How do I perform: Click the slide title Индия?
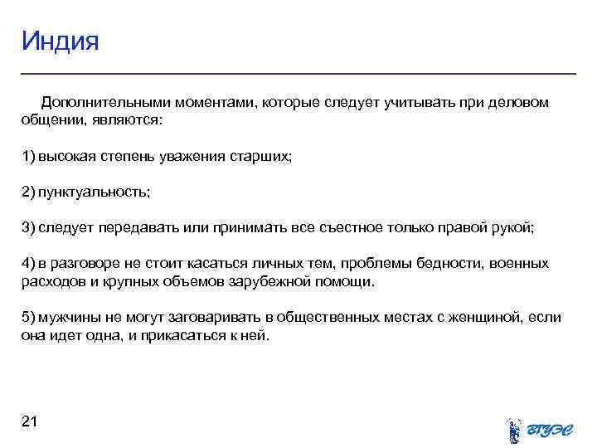60,41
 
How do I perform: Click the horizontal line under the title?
298,74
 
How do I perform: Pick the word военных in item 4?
521,263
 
